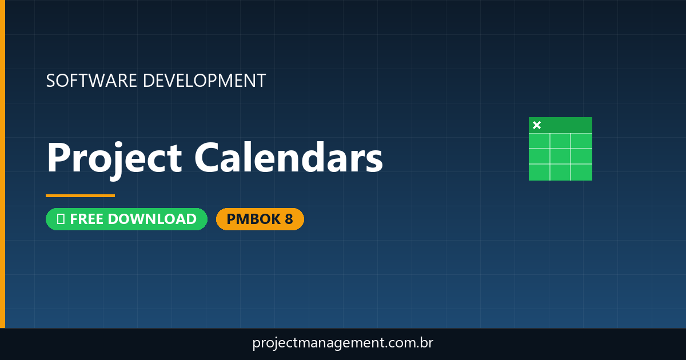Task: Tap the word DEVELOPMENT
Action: [204, 81]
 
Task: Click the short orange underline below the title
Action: [80, 195]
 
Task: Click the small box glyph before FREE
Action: [61, 219]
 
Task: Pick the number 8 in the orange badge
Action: [289, 219]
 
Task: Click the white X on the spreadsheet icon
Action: [537, 125]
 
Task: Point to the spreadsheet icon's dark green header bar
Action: [566, 125]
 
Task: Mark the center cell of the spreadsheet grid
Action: [560, 156]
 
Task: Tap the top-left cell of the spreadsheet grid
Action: [539, 141]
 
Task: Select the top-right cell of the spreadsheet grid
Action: [581, 141]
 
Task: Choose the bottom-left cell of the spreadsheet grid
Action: [539, 172]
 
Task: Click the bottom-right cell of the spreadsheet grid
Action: [581, 172]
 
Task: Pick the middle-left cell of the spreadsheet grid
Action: [539, 156]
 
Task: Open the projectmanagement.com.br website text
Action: [343, 343]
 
